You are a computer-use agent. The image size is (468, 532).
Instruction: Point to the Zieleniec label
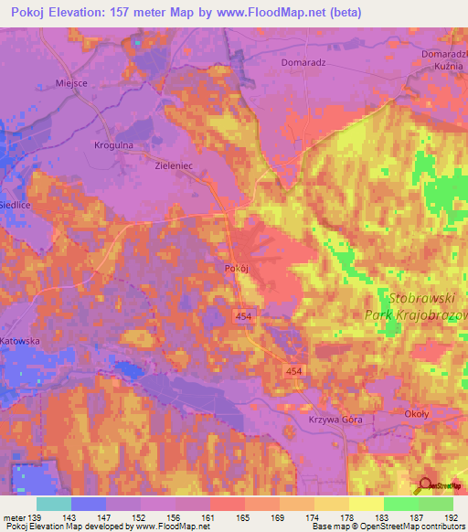[176, 167]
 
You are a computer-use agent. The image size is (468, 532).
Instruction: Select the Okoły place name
[417, 414]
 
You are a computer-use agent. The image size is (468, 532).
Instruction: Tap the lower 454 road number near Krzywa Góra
[294, 371]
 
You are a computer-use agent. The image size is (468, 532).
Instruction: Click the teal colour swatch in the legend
[53, 504]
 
